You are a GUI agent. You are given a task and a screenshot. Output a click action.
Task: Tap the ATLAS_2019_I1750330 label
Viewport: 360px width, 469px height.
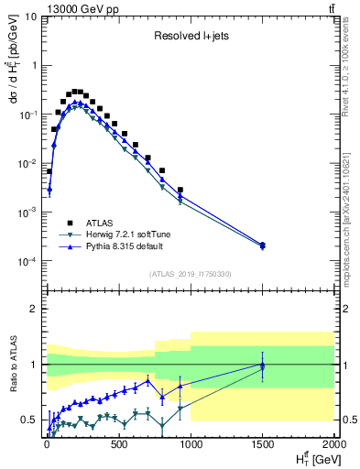pyautogui.click(x=189, y=274)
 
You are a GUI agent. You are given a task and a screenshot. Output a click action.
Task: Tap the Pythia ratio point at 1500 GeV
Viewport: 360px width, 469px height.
pyautogui.click(x=262, y=364)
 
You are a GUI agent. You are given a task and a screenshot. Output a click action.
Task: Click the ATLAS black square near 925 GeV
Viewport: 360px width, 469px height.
pyautogui.click(x=180, y=191)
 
